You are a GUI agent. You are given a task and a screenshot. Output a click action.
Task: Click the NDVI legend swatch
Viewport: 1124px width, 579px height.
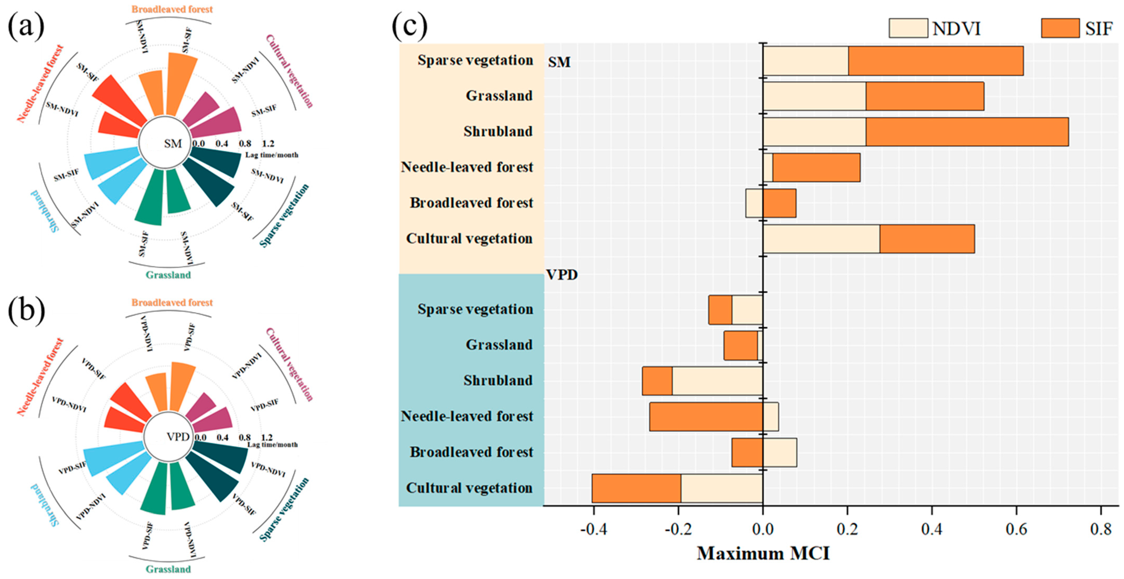pos(908,28)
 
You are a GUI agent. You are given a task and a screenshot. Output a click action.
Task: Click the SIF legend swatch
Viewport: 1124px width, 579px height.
pos(1060,28)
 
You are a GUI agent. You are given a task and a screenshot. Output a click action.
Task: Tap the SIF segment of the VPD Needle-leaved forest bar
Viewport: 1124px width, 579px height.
pos(706,417)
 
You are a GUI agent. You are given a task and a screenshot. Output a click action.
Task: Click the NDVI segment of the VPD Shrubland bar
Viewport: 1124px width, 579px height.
pos(717,381)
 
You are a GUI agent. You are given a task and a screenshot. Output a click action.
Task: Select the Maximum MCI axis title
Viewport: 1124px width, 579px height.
pos(763,554)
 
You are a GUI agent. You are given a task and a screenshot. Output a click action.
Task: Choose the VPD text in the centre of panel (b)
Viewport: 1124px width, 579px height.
pos(178,437)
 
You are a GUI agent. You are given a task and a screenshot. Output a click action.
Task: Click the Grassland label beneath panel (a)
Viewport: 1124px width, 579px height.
pos(168,275)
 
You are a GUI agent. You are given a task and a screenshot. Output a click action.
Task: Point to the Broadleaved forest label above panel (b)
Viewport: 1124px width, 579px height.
pos(172,303)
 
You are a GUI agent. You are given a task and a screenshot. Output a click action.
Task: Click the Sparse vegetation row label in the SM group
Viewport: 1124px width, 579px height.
pos(475,60)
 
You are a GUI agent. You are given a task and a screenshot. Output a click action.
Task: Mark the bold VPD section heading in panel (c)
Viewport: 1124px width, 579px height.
pos(562,275)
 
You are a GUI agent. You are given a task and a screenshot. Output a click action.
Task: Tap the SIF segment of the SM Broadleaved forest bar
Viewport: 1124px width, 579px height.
pos(779,203)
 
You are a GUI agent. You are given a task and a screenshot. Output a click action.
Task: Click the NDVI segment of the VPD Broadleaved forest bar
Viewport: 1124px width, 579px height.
pos(780,452)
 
